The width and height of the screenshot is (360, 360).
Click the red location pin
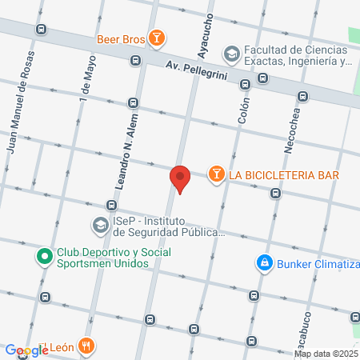click(180, 178)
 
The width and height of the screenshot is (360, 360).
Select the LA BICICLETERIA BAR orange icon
click(216, 174)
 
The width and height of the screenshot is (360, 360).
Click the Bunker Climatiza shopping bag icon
click(263, 262)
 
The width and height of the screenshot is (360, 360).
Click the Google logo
click(26, 350)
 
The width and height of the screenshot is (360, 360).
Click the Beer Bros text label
click(120, 37)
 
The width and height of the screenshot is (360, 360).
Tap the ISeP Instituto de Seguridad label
click(168, 227)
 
